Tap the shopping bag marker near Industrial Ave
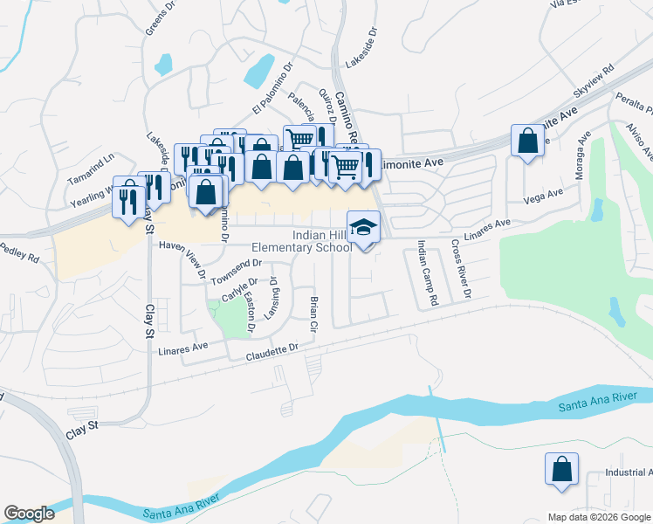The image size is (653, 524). click(x=561, y=469)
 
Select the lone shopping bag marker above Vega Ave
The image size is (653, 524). click(x=528, y=141)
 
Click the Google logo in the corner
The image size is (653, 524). click(x=29, y=514)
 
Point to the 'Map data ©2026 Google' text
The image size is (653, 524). click(x=599, y=517)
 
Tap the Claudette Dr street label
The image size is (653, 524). click(x=272, y=353)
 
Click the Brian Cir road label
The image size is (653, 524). click(x=313, y=315)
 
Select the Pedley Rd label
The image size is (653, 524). click(x=21, y=257)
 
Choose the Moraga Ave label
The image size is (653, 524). click(x=579, y=155)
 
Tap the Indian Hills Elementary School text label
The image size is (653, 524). click(x=301, y=242)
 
